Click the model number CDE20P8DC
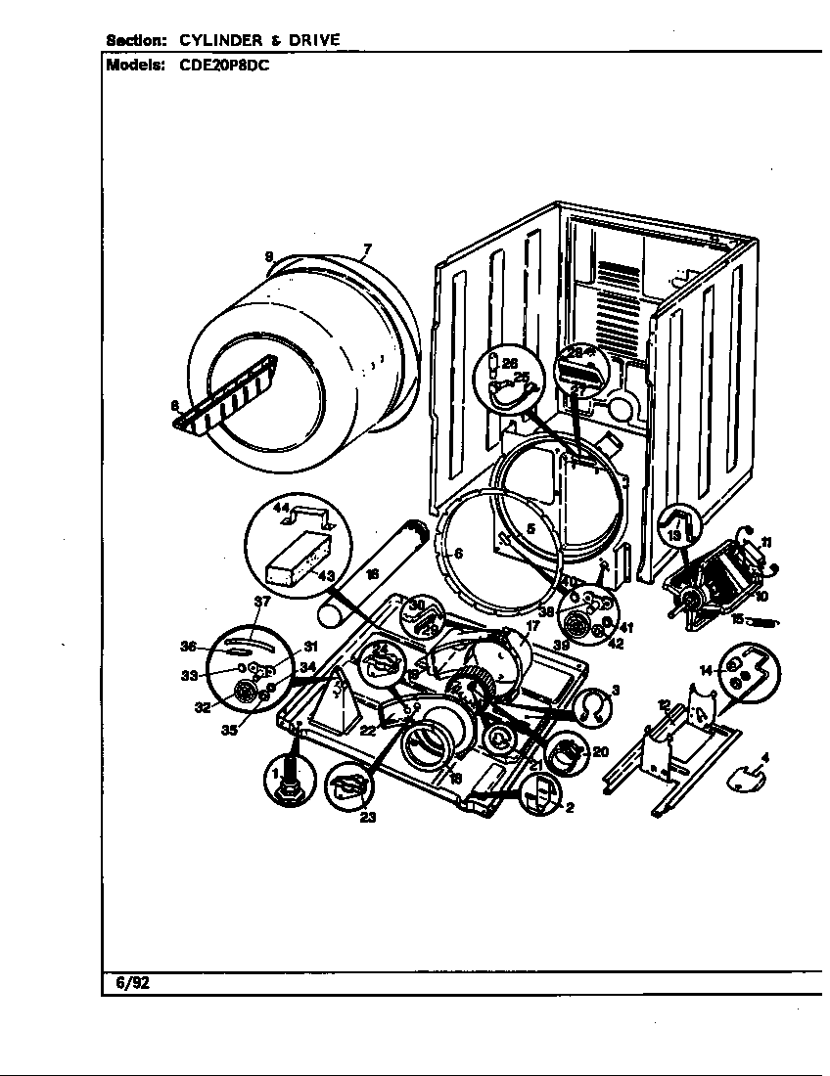[226, 67]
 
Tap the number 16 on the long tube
[372, 576]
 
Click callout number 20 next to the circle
[600, 751]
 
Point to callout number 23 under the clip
[367, 818]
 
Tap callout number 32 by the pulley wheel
[202, 707]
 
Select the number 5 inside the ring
[530, 529]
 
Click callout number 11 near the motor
[766, 542]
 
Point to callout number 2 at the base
[569, 807]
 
